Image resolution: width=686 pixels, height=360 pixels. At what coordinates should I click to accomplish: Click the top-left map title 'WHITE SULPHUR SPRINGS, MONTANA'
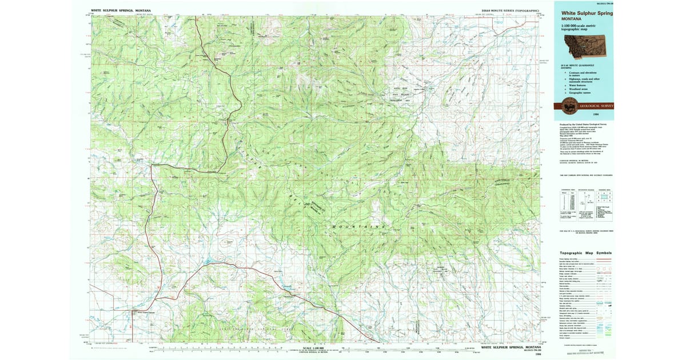click(121, 10)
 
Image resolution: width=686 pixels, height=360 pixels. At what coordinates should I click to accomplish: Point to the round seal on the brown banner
click(569, 106)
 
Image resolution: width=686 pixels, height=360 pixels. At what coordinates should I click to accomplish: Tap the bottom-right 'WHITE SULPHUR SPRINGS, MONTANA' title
click(509, 347)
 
